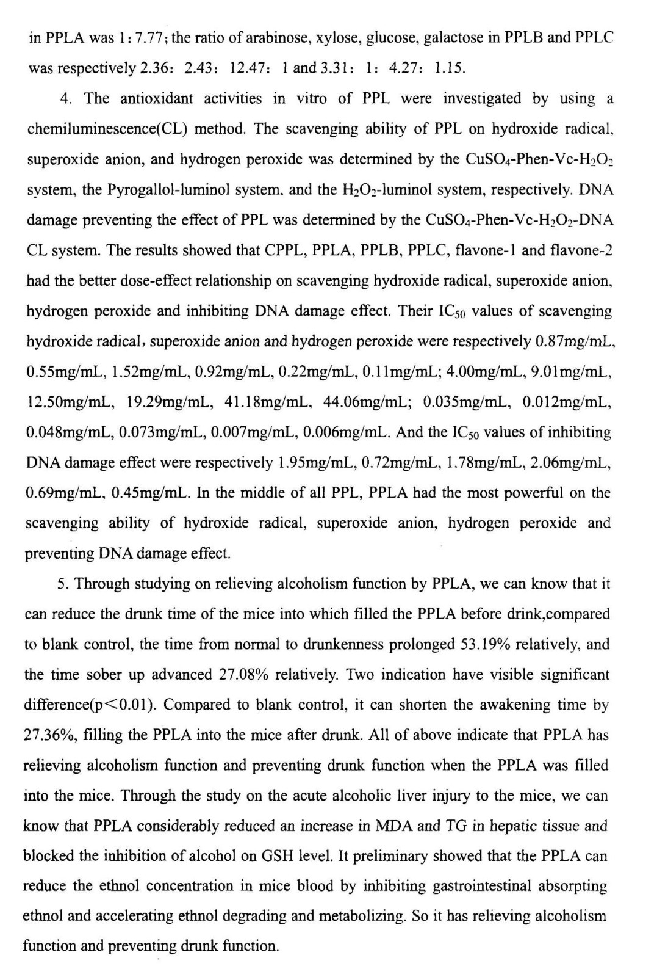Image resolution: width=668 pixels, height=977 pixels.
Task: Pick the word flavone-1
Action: [487, 250]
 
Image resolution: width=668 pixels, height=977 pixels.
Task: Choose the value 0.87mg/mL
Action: [575, 341]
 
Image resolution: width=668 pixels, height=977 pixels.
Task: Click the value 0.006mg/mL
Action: [347, 432]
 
